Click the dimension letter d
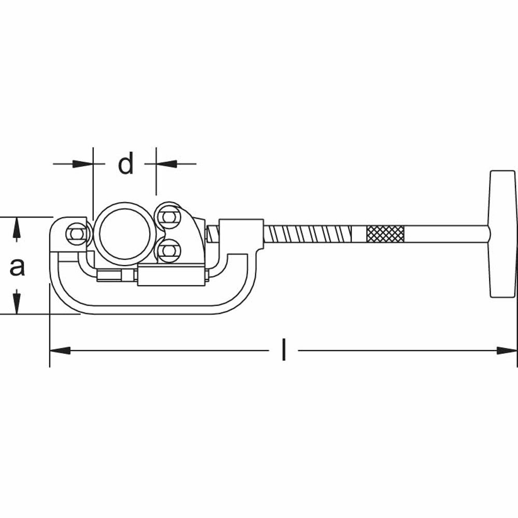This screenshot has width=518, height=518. click(x=126, y=164)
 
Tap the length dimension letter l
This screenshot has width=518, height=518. click(x=283, y=350)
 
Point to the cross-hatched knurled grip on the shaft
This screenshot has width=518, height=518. click(x=385, y=234)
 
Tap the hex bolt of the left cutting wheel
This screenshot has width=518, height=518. click(x=75, y=234)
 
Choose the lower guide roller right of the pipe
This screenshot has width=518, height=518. click(x=166, y=252)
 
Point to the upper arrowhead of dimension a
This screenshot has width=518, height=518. click(x=17, y=227)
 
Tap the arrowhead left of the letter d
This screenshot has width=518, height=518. click(x=83, y=164)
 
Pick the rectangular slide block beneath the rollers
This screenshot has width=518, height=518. click(x=171, y=276)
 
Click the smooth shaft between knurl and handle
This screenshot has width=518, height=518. click(x=445, y=234)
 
